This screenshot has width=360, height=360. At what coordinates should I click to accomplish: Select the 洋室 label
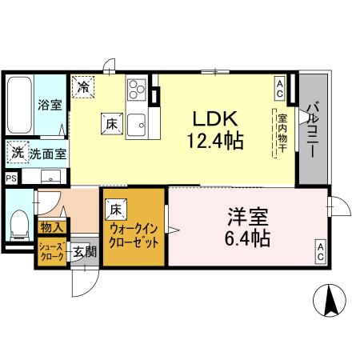(x=247, y=217)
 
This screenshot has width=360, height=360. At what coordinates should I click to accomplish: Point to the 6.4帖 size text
(x=247, y=238)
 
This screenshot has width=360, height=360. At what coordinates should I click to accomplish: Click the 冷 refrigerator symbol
(x=82, y=86)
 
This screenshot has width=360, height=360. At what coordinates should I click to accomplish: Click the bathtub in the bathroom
(x=19, y=106)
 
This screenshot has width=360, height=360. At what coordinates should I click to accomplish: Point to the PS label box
(x=10, y=178)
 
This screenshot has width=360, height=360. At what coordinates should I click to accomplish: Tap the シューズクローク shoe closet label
(x=50, y=252)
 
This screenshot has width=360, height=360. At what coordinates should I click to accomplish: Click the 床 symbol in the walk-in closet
(x=117, y=209)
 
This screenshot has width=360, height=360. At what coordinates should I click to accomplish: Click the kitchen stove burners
(x=134, y=86)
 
